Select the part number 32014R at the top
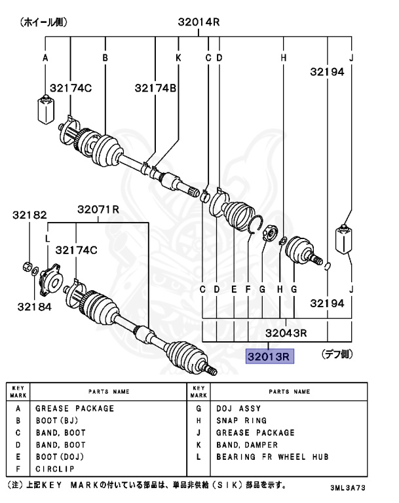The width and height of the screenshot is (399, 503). coord(199,22)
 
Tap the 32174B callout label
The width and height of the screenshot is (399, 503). coord(156,88)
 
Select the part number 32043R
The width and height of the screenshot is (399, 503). coord(286,333)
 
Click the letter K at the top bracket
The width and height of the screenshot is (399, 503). coord(178,58)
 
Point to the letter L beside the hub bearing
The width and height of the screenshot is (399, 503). coord(47,239)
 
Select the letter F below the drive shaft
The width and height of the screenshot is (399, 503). coord(248,289)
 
